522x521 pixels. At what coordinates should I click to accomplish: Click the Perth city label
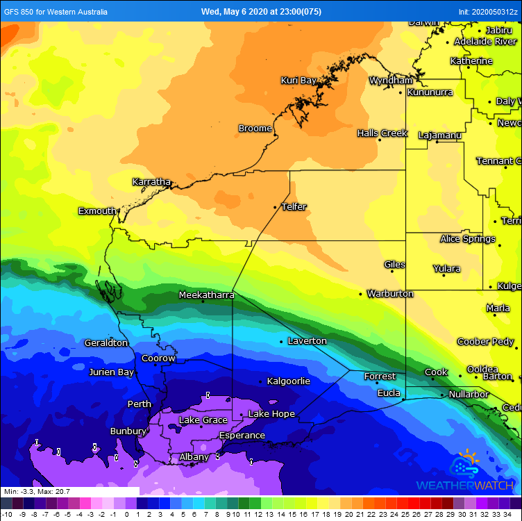[x=139, y=404]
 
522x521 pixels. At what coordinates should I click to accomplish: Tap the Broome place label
[x=255, y=129]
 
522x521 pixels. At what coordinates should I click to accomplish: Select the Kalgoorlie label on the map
[x=288, y=381]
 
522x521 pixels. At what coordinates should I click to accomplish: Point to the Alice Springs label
[x=467, y=239]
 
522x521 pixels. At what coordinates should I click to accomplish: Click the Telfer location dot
[x=276, y=207]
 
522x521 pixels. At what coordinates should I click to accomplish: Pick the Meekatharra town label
[x=206, y=295]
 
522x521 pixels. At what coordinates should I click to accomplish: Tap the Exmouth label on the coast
[x=97, y=211]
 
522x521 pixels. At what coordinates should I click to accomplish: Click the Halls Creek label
[x=382, y=133]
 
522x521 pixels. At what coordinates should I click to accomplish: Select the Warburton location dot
[x=360, y=294]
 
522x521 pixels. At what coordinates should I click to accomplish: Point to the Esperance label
[x=242, y=436]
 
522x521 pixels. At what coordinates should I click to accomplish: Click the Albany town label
[x=194, y=457]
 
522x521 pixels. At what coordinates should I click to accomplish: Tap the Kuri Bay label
[x=298, y=81]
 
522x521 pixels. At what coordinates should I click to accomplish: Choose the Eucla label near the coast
[x=388, y=393]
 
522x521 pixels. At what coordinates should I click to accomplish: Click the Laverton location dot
[x=281, y=341]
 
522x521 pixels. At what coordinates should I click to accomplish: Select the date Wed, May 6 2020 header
[x=260, y=11]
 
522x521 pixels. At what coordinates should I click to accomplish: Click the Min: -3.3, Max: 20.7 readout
[x=37, y=492]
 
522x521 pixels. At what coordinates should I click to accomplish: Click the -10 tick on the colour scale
[x=6, y=515]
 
